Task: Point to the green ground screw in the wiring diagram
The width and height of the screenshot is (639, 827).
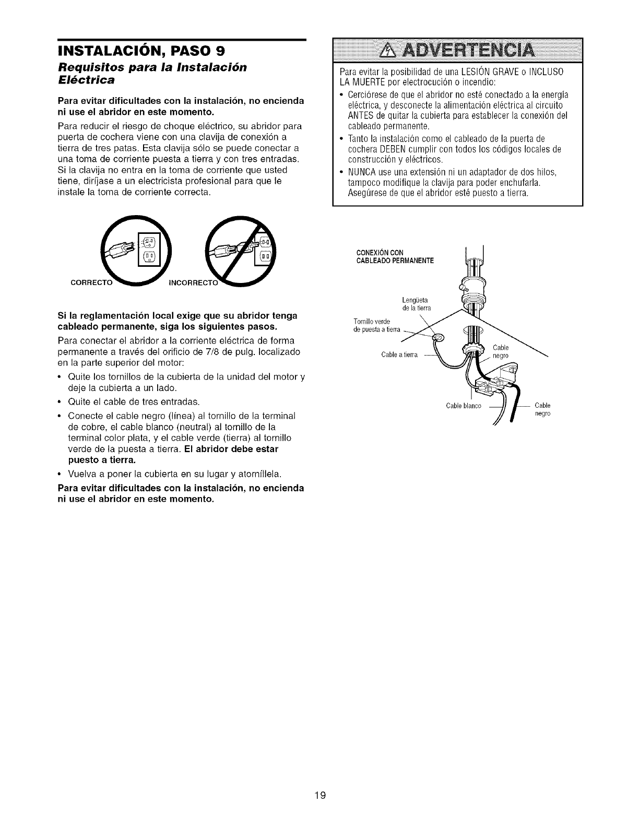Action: (x=437, y=337)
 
